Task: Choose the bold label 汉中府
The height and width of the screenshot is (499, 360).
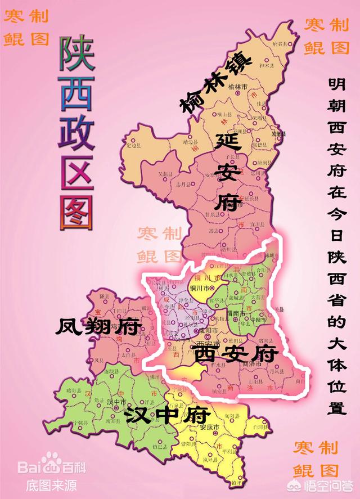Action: click(168, 415)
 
